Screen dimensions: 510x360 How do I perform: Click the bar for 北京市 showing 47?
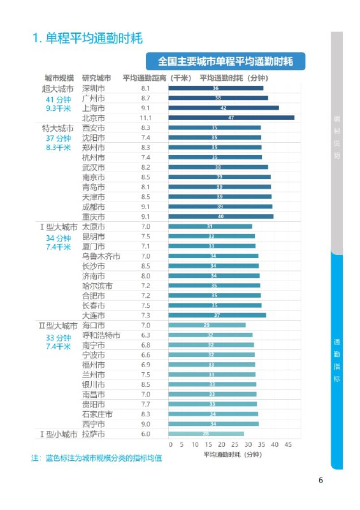tap(231, 118)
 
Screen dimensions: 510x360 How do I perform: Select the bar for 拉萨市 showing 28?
tap(206, 434)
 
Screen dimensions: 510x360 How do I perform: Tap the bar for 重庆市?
tap(220, 217)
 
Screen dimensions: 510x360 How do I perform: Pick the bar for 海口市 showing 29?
tap(207, 325)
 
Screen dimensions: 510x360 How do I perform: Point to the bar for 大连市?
tap(217, 315)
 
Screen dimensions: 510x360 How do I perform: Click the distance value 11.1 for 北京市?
tap(145, 118)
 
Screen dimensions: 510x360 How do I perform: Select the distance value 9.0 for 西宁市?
tap(145, 424)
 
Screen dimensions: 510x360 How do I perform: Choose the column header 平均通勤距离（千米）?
tap(157, 78)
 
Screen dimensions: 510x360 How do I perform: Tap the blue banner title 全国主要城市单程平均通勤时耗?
tap(226, 62)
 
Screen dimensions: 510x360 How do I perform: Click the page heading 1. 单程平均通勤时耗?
tap(87, 38)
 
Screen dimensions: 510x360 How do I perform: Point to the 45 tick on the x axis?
tap(288, 444)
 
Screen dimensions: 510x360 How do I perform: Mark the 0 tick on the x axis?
tap(170, 444)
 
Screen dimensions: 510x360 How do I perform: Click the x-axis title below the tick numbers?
tap(233, 455)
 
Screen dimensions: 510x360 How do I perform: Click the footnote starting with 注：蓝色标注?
tap(96, 458)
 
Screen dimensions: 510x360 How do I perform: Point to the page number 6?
tap(322, 481)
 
